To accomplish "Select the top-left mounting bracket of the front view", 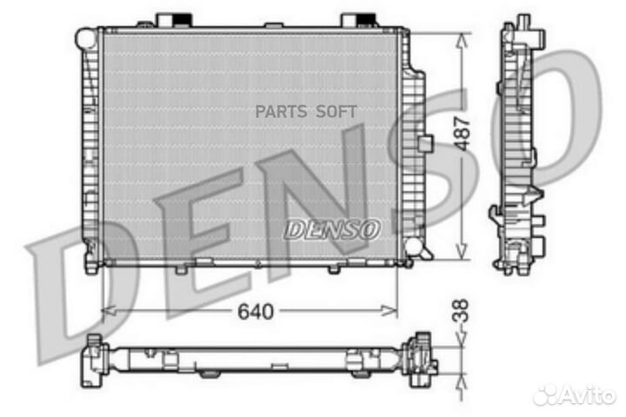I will click(169, 20).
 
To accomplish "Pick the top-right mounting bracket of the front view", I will click(356, 20).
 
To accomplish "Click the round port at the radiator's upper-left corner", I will click(85, 37).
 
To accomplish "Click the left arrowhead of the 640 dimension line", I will click(106, 310).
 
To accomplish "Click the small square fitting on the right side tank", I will click(424, 142).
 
